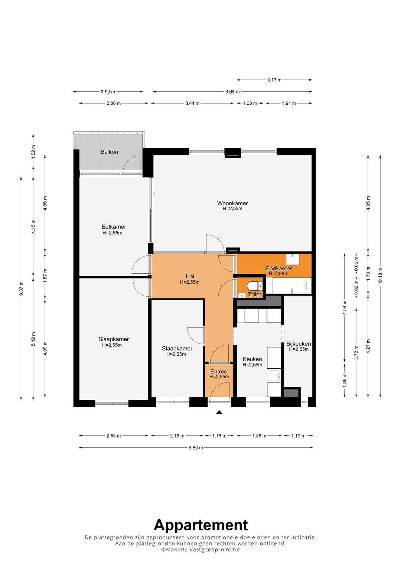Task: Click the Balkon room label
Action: (x=109, y=152)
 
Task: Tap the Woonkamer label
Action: (x=232, y=203)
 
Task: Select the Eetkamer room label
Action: (x=114, y=227)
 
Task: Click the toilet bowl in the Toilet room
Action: (x=255, y=286)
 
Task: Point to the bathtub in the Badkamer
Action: (x=288, y=286)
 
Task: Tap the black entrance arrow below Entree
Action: (x=219, y=412)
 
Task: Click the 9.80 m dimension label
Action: (x=196, y=447)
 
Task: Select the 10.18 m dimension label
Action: (x=380, y=276)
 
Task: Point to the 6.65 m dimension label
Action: (x=232, y=92)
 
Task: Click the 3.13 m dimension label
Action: (x=274, y=80)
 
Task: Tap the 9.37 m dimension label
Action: (x=21, y=288)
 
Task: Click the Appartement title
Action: (x=200, y=525)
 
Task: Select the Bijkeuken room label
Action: (x=299, y=344)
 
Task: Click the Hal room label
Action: (x=190, y=276)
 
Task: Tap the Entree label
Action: (x=219, y=372)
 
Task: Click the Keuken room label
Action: (x=252, y=359)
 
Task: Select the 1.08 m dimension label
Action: (x=250, y=103)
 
